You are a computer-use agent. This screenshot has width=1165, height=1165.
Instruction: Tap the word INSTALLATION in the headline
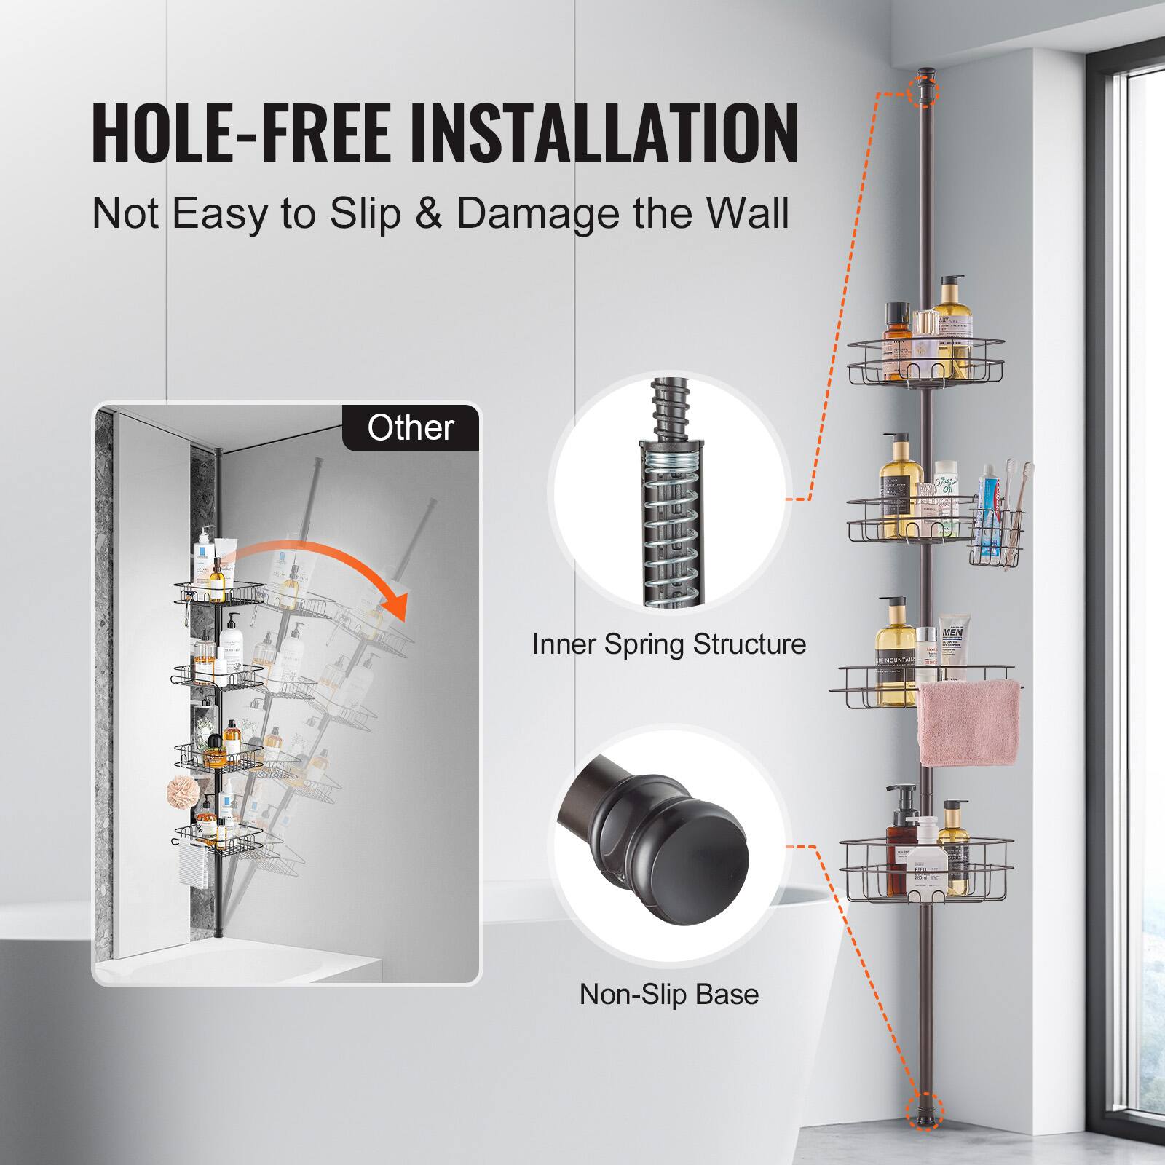click(x=604, y=134)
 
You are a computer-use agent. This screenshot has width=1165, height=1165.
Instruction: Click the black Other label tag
click(x=411, y=427)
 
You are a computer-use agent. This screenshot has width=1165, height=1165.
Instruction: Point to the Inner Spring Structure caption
click(x=669, y=644)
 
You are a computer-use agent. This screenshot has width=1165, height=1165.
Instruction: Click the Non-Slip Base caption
click(x=669, y=994)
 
